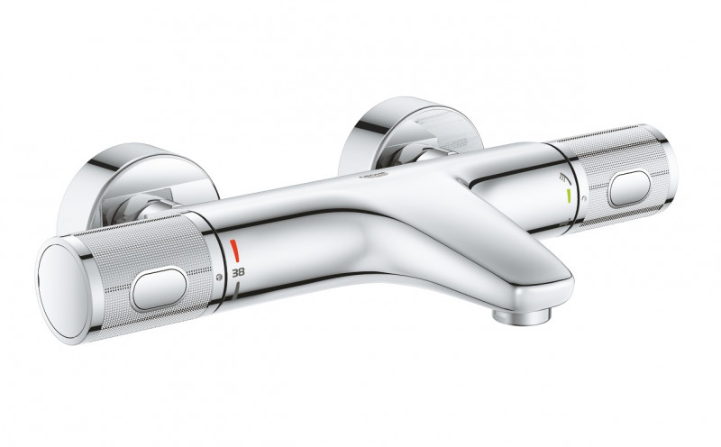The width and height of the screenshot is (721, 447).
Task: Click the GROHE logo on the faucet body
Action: point(372,178)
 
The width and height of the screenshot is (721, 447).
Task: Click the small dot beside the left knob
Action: point(219,276)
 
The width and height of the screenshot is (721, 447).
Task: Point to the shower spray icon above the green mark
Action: point(565,177)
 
